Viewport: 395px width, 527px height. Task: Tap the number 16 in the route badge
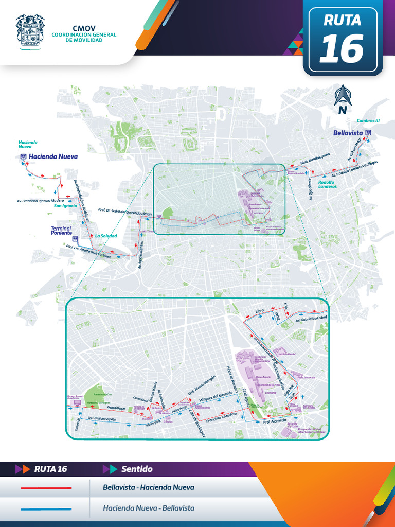pyautogui.click(x=342, y=48)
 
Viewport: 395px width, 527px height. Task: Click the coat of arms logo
pyautogui.click(x=30, y=31)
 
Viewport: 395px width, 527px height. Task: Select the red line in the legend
pyautogui.click(x=46, y=487)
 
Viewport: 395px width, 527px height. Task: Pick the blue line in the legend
pyautogui.click(x=46, y=508)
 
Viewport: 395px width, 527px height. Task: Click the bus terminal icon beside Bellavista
pyautogui.click(x=368, y=133)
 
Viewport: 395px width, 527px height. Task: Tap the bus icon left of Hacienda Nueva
pyautogui.click(x=23, y=156)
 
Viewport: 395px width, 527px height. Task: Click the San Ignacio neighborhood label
pyautogui.click(x=65, y=206)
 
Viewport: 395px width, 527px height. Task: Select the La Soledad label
pyautogui.click(x=106, y=236)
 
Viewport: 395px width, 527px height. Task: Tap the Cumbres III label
pyautogui.click(x=368, y=120)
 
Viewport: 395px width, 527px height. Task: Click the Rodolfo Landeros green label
pyautogui.click(x=327, y=184)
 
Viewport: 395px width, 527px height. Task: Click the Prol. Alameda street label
pyautogui.click(x=274, y=422)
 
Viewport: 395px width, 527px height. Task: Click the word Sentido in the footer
pyautogui.click(x=137, y=469)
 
